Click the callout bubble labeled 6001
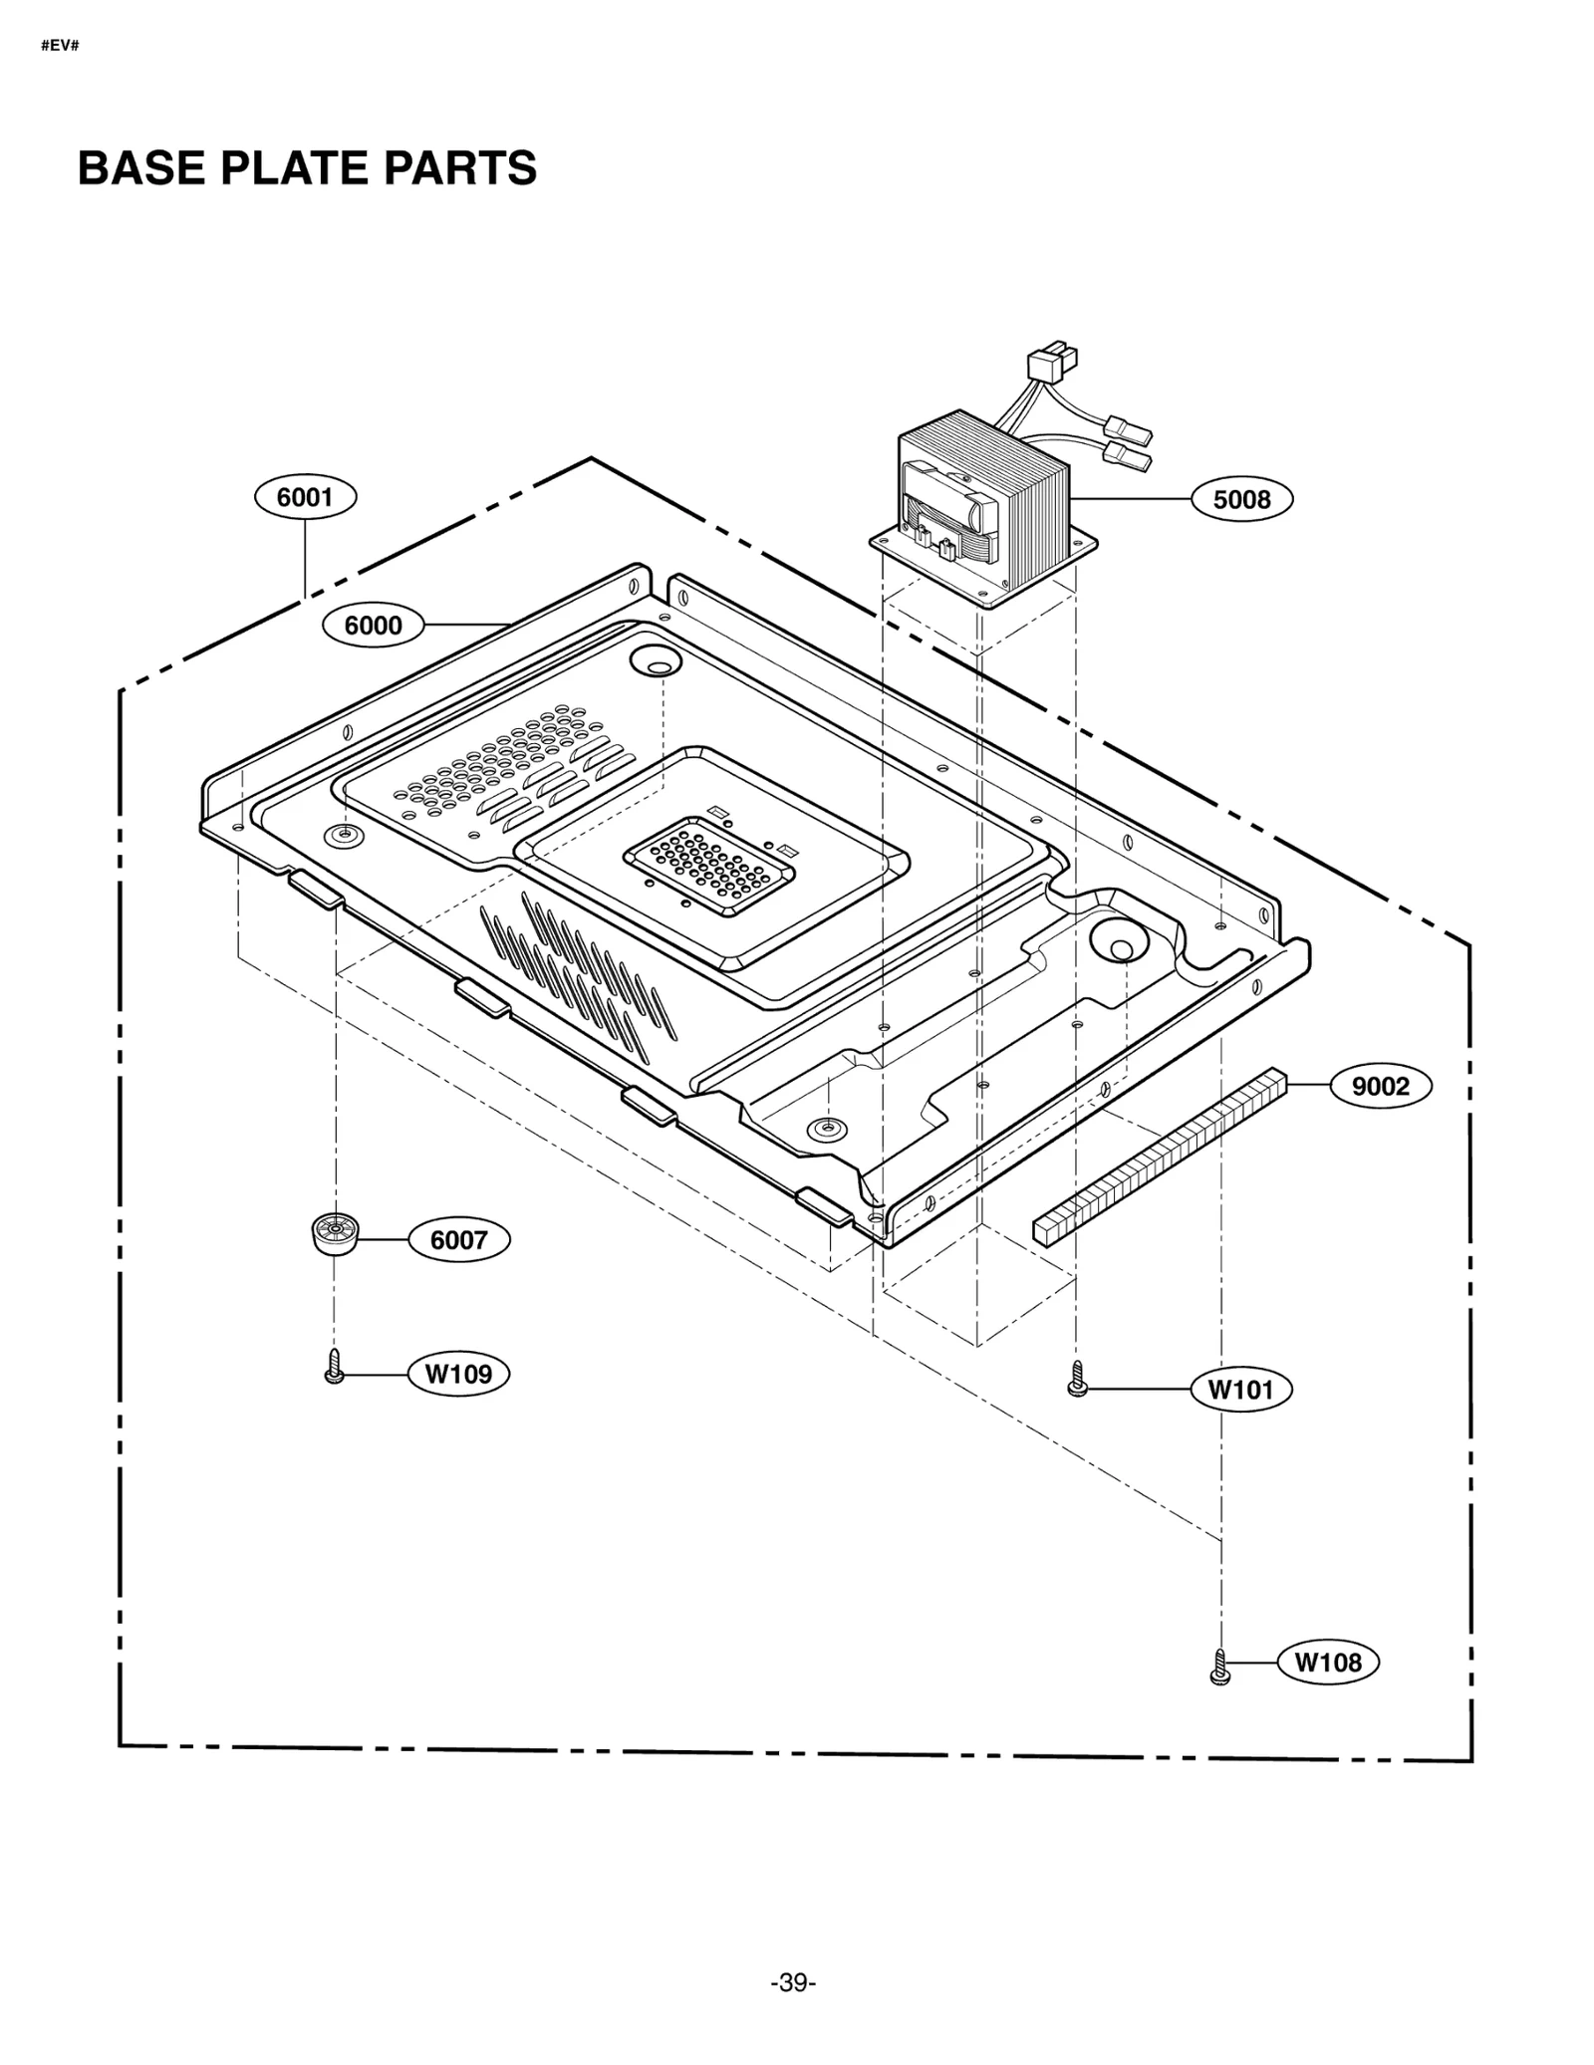click(305, 497)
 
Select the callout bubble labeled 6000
click(373, 626)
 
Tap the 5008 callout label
click(1241, 499)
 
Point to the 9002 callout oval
click(1380, 1086)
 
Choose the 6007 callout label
click(458, 1240)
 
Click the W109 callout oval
click(458, 1374)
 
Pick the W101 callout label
click(1240, 1389)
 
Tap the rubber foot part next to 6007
click(334, 1234)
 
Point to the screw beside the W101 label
click(1077, 1379)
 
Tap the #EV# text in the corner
click(60, 46)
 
